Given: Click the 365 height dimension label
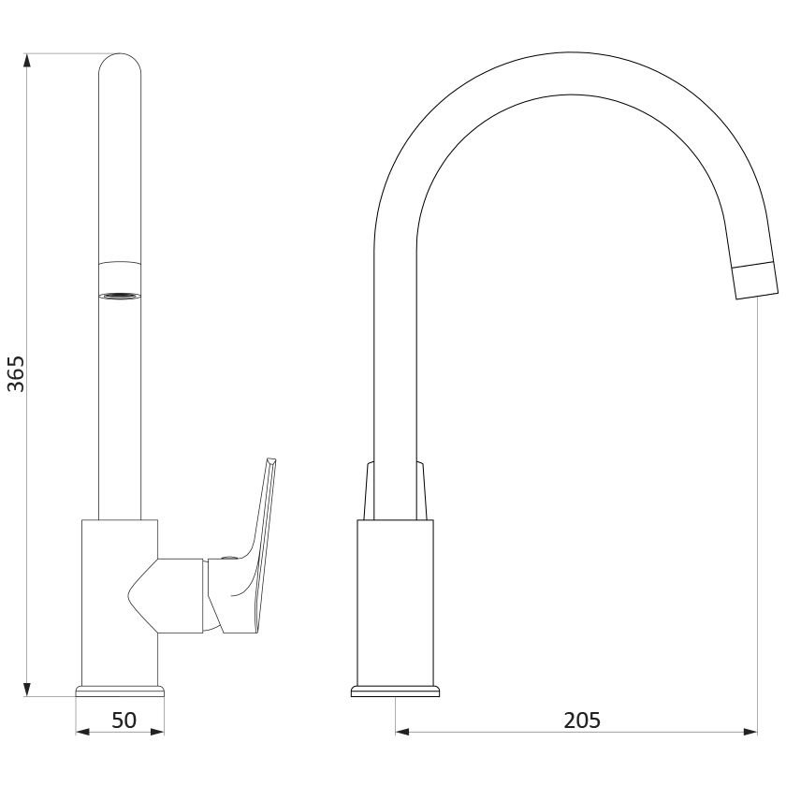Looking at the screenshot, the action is point(16,374).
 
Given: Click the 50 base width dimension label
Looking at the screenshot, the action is point(124,720).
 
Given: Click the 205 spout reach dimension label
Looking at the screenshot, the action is point(582,720).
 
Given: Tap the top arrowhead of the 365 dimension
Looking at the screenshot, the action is point(27,60).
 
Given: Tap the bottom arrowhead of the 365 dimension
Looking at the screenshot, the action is point(27,689).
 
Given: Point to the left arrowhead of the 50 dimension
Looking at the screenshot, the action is point(82,733).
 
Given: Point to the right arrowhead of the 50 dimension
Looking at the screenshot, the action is point(157,733).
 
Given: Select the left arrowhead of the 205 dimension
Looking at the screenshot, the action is point(402,733).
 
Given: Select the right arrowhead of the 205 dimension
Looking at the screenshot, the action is point(750,733).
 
